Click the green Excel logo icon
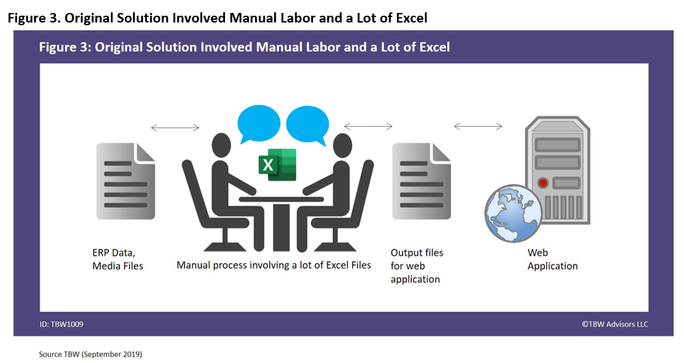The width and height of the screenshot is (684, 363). coord(278,164)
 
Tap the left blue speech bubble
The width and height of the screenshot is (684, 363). coord(258,123)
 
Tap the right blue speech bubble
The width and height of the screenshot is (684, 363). coord(308,124)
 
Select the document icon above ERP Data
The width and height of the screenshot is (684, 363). coord(125,181)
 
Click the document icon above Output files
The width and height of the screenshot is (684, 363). coord(421,181)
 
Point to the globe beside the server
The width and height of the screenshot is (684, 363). coord(514,214)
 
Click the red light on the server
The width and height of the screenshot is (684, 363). coord(543,183)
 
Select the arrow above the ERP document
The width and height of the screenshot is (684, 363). coord(175,128)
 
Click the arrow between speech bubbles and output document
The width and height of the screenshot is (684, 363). coord(368,126)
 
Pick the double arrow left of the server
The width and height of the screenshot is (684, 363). coord(478,126)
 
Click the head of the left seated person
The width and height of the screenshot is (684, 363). coord(221,145)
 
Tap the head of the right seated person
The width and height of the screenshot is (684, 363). coord(342,145)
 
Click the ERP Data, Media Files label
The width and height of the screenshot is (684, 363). coord(118,259)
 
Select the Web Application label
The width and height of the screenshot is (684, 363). coord(552,259)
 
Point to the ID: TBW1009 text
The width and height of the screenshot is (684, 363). coord(61,324)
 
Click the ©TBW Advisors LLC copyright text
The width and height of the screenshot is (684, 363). coord(614,324)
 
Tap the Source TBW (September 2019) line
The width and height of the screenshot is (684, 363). coord(90,354)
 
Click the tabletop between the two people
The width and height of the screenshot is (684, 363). coord(282,199)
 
